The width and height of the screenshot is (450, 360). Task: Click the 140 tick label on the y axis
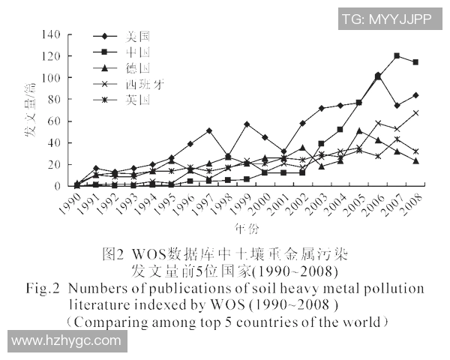(x=51, y=34)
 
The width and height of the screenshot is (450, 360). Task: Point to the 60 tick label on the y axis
(x=54, y=121)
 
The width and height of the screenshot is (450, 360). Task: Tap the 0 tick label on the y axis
(x=57, y=186)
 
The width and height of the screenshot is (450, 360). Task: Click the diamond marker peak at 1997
(x=208, y=130)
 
